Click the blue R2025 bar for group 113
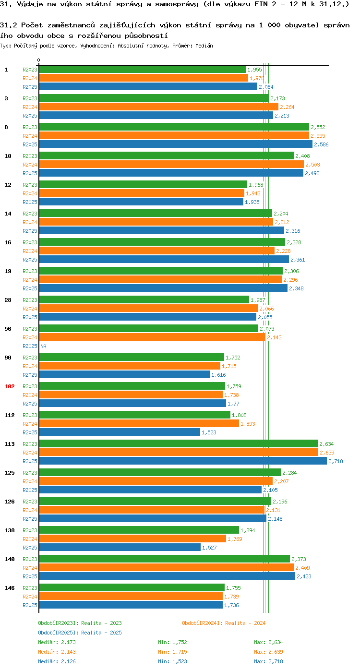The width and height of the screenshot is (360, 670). (x=182, y=461)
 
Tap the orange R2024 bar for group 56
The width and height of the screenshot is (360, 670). (x=152, y=337)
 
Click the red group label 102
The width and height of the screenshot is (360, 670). (x=10, y=386)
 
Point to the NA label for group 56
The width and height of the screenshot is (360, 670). (x=43, y=346)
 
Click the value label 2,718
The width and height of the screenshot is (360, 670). (x=336, y=461)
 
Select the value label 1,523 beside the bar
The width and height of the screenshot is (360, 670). (x=209, y=432)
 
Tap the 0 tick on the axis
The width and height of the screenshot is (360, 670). (x=39, y=60)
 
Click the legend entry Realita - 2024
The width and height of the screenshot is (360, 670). (x=224, y=623)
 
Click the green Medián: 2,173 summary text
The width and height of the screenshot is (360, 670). (x=57, y=642)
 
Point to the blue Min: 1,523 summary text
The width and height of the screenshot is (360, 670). (x=172, y=661)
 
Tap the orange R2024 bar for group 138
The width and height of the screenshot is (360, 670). (x=132, y=539)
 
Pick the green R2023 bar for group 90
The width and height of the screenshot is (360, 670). (x=131, y=358)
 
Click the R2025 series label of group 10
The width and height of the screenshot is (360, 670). (x=30, y=173)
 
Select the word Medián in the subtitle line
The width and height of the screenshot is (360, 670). (x=204, y=46)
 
